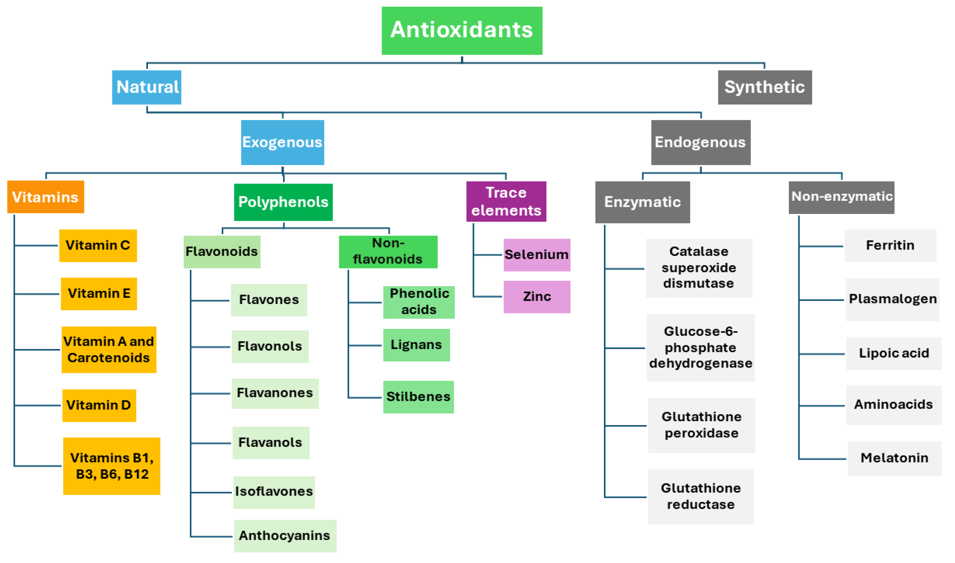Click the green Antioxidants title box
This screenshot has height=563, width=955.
[462, 30]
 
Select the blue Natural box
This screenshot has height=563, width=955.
[147, 87]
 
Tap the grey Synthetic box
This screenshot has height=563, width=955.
[765, 87]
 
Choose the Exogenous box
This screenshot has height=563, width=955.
[282, 142]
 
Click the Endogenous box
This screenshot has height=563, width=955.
[700, 142]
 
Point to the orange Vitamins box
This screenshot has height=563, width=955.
[46, 197]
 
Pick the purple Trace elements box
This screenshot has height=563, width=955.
[506, 202]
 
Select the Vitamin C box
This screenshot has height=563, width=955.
[98, 245]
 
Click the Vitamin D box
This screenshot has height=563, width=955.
[99, 405]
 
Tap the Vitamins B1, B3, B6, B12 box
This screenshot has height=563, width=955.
[112, 466]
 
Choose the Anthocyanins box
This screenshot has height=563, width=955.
[285, 536]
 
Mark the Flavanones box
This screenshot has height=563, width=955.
[275, 393]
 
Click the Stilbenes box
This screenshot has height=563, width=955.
[418, 397]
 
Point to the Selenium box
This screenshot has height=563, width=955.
[537, 255]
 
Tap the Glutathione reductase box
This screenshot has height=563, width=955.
[701, 497]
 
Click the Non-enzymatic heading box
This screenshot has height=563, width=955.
[841, 197]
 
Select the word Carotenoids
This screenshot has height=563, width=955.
[108, 358]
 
